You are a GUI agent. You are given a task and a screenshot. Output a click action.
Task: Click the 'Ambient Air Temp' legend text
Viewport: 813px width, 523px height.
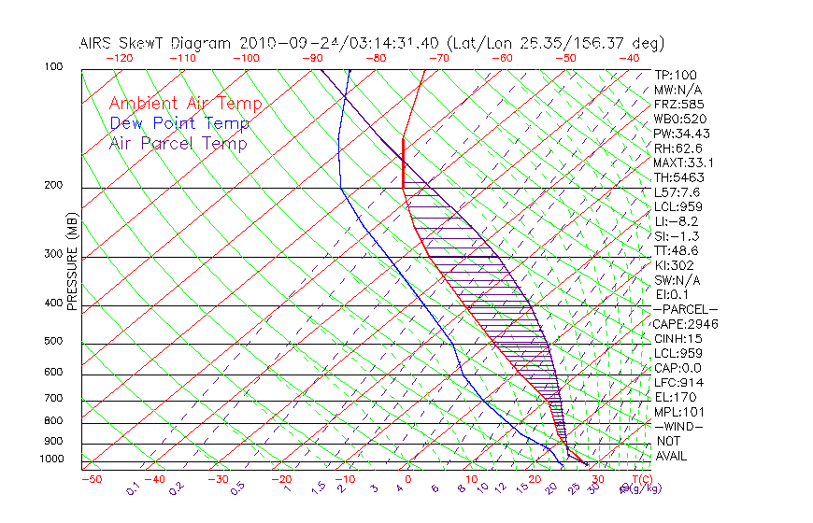click(185, 104)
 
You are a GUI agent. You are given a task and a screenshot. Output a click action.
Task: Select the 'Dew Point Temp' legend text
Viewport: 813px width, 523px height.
click(179, 124)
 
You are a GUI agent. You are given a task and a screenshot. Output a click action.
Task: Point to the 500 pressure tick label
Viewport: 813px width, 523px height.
click(53, 342)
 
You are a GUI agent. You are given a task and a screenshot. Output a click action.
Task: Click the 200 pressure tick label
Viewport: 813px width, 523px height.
click(53, 186)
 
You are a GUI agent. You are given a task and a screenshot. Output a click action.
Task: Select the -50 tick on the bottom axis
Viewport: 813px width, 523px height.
click(91, 479)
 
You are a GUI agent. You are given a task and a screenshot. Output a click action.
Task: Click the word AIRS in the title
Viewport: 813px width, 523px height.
click(97, 43)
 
